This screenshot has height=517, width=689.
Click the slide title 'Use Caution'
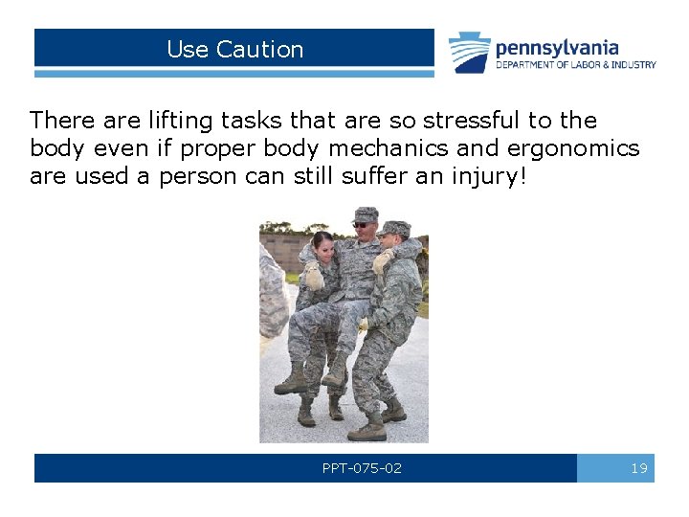click(234, 50)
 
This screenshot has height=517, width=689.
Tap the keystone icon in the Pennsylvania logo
click(470, 52)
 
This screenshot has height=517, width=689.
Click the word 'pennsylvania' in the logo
click(557, 47)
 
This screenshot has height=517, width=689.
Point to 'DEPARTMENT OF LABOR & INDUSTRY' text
click(575, 65)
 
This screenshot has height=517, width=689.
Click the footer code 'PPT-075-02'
click(362, 468)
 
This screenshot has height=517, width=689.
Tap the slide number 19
click(639, 468)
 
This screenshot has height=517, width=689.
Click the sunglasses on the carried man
click(362, 224)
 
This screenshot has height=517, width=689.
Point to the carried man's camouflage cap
click(365, 214)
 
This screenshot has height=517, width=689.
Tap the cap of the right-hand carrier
click(393, 229)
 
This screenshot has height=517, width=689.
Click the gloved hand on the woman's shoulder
click(312, 277)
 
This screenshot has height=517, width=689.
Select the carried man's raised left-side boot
click(291, 382)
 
